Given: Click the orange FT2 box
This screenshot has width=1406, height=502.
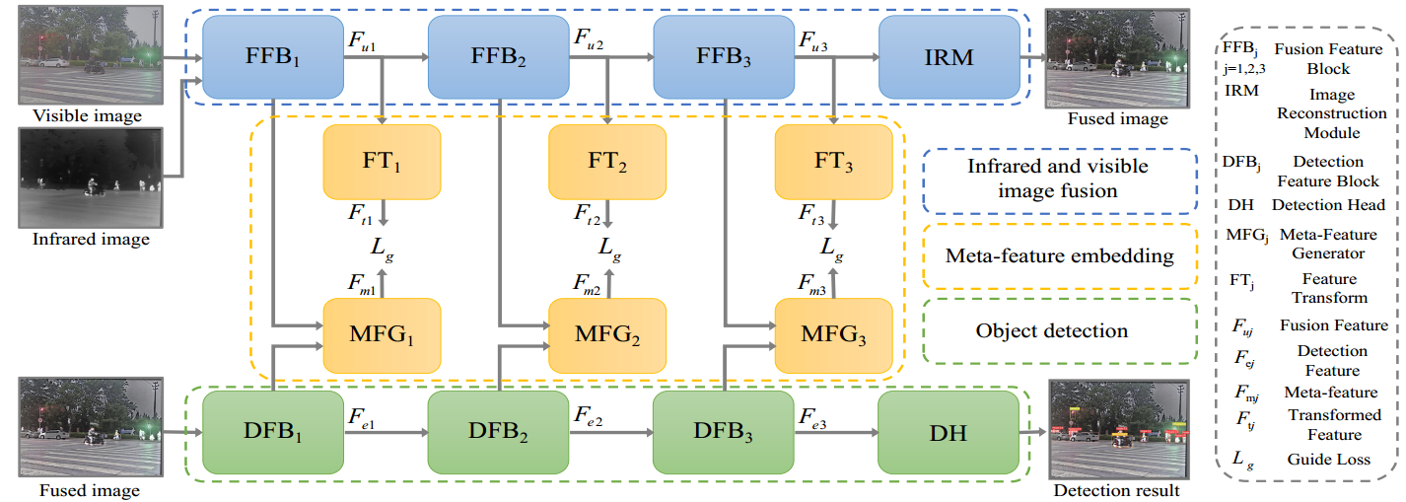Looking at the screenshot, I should point(607,160).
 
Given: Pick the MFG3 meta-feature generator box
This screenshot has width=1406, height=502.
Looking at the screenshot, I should point(834,333).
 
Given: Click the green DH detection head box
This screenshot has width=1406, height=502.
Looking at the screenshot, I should point(948,431).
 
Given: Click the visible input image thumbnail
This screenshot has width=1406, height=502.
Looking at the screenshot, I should point(88,54).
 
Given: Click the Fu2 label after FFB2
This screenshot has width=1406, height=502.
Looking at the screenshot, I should point(590,38).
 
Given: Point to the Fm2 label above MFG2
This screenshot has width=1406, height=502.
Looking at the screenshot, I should point(588,283).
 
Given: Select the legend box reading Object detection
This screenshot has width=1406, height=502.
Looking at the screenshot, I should point(1053,330).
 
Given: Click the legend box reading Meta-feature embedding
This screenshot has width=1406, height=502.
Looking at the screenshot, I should point(1059,256).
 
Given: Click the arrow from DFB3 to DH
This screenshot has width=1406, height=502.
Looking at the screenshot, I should point(837,432).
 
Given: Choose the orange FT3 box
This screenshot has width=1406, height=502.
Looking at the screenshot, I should point(834,160).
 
